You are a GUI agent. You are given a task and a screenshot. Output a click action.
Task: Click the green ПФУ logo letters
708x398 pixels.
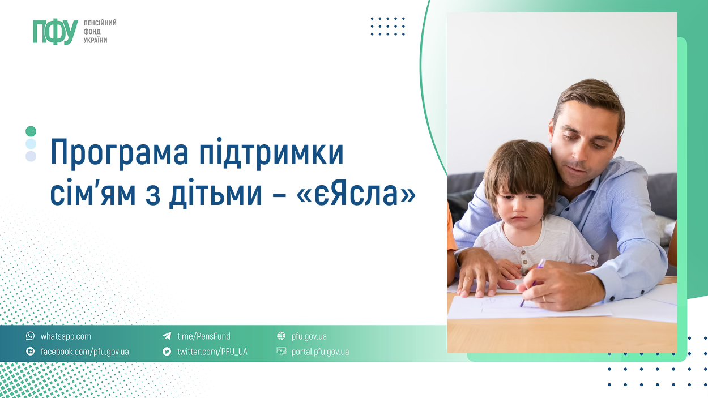tap(55, 32)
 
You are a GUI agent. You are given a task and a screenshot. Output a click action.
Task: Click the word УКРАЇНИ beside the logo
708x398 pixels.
tap(96, 41)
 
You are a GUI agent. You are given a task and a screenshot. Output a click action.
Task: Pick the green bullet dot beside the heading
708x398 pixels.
tap(31, 131)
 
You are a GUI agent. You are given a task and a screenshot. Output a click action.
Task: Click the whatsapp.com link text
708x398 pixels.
tap(66, 336)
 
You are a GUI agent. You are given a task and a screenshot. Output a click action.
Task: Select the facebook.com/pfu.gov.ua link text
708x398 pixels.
tap(85, 352)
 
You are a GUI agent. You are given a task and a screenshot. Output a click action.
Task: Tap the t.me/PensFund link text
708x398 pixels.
tap(204, 336)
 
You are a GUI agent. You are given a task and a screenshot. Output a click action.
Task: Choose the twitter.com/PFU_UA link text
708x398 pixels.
tap(212, 352)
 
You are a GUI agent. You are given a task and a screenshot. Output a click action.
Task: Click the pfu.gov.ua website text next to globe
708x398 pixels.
tap(309, 336)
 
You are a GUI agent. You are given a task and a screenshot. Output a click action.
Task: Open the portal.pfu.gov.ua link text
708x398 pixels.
tap(320, 352)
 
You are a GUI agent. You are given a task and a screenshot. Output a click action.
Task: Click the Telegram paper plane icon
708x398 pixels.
tap(167, 336)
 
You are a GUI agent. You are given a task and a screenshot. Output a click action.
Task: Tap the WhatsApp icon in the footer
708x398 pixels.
tap(31, 336)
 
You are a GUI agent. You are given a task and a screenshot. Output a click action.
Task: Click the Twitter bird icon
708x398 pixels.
tap(167, 352)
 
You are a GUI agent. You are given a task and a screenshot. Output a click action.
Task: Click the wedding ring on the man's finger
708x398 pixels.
tap(544, 298)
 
